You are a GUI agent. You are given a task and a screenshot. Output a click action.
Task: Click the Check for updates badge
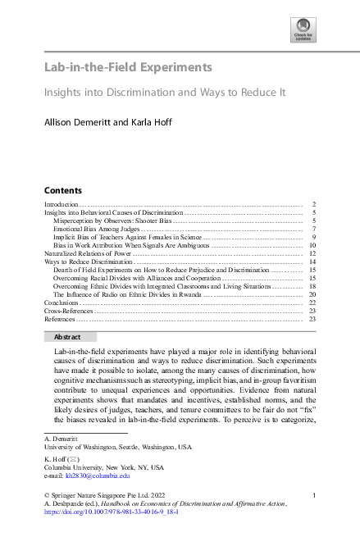303,31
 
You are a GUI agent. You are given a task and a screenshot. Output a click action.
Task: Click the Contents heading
62,189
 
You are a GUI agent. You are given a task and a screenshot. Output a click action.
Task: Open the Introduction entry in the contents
61,203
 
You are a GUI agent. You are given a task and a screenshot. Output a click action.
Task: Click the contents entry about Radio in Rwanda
128,294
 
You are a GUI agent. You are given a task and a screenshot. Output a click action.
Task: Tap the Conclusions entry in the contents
62,303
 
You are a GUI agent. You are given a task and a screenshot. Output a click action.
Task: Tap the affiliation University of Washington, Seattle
116,448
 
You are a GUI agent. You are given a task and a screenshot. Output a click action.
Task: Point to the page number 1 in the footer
314,495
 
